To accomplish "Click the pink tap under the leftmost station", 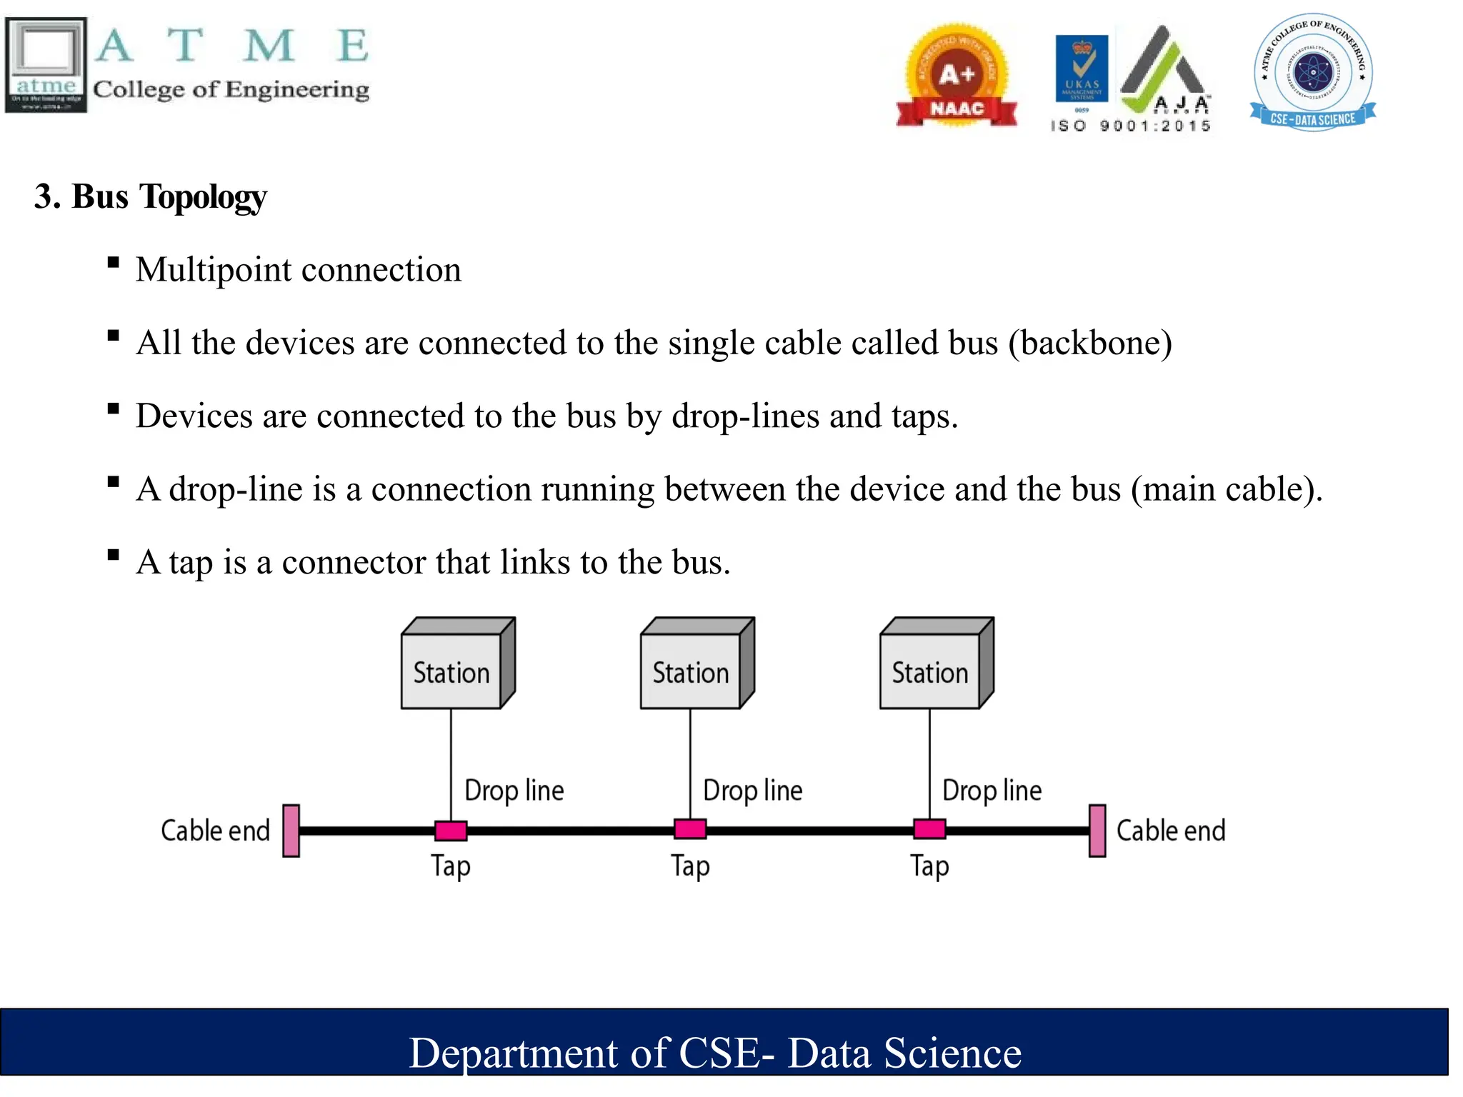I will point(451,830).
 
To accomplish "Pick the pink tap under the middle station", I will point(690,829).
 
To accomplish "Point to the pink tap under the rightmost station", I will point(929,829).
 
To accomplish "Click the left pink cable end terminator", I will point(291,831).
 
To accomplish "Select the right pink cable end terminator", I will point(1097,831).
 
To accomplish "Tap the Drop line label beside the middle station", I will point(753,791).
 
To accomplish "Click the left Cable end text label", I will point(215,831).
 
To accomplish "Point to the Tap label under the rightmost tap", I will point(929,866).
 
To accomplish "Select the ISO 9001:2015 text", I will point(1131,126).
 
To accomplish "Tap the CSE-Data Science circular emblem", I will point(1313,71).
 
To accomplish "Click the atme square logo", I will point(46,64).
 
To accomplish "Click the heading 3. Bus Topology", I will point(151,196).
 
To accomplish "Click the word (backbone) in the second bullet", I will point(1090,343).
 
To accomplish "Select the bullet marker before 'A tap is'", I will point(113,555).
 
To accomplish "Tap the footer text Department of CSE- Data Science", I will point(715,1053).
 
